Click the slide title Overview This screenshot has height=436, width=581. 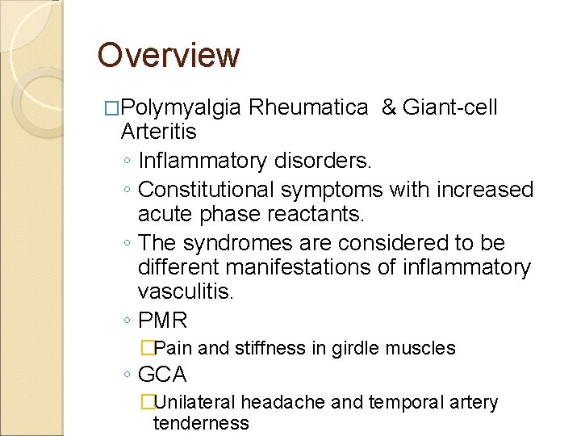[169, 56]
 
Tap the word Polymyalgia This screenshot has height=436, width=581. [182, 107]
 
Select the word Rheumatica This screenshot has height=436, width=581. [310, 107]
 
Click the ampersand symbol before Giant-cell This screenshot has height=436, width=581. [389, 107]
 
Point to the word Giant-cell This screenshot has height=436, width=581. [451, 107]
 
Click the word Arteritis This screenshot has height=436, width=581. [158, 132]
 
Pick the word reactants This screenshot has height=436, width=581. [320, 215]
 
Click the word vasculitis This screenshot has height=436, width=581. [186, 291]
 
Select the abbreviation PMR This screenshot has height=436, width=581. [163, 321]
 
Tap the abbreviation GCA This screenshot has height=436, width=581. [162, 375]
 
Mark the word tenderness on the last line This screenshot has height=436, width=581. [201, 423]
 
